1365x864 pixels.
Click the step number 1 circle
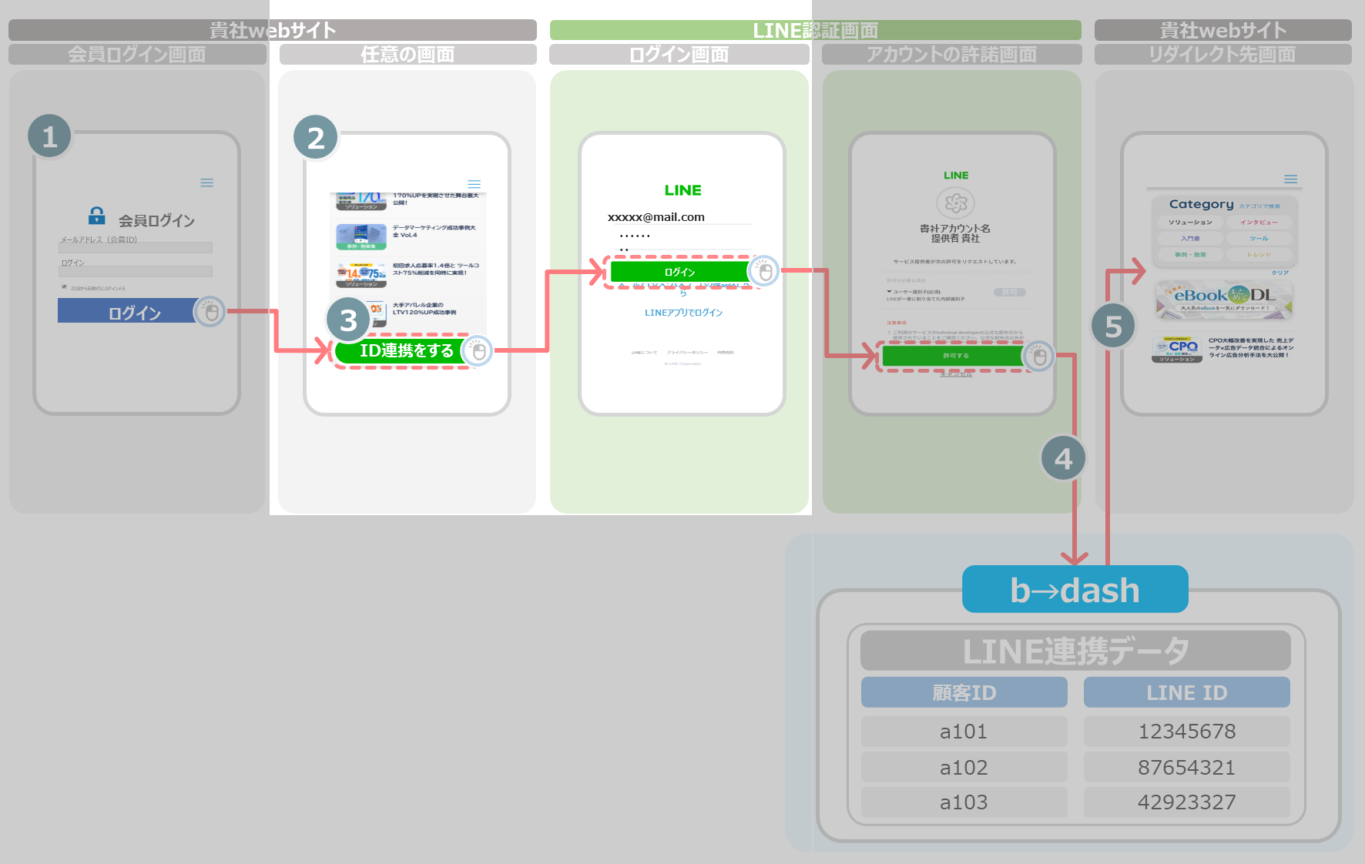(x=50, y=136)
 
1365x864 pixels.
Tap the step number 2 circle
(x=316, y=138)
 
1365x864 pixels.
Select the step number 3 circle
(x=348, y=320)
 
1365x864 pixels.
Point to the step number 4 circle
(x=1063, y=459)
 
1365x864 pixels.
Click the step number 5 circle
(x=1113, y=327)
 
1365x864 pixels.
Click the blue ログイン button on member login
(x=127, y=311)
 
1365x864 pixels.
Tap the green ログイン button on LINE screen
(x=679, y=272)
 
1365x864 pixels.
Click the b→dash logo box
(x=1075, y=590)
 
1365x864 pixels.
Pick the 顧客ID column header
(x=964, y=692)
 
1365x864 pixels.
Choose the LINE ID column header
(x=1186, y=692)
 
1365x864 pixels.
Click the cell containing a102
(x=964, y=767)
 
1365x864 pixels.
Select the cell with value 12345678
(x=1186, y=731)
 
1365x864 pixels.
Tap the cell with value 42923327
(x=1186, y=802)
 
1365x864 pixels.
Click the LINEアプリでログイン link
(x=683, y=313)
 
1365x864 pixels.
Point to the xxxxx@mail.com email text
(x=656, y=217)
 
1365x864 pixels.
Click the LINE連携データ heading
(x=1075, y=651)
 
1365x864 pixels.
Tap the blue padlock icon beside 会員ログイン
(x=97, y=216)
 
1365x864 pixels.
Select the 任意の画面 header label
(x=407, y=55)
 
